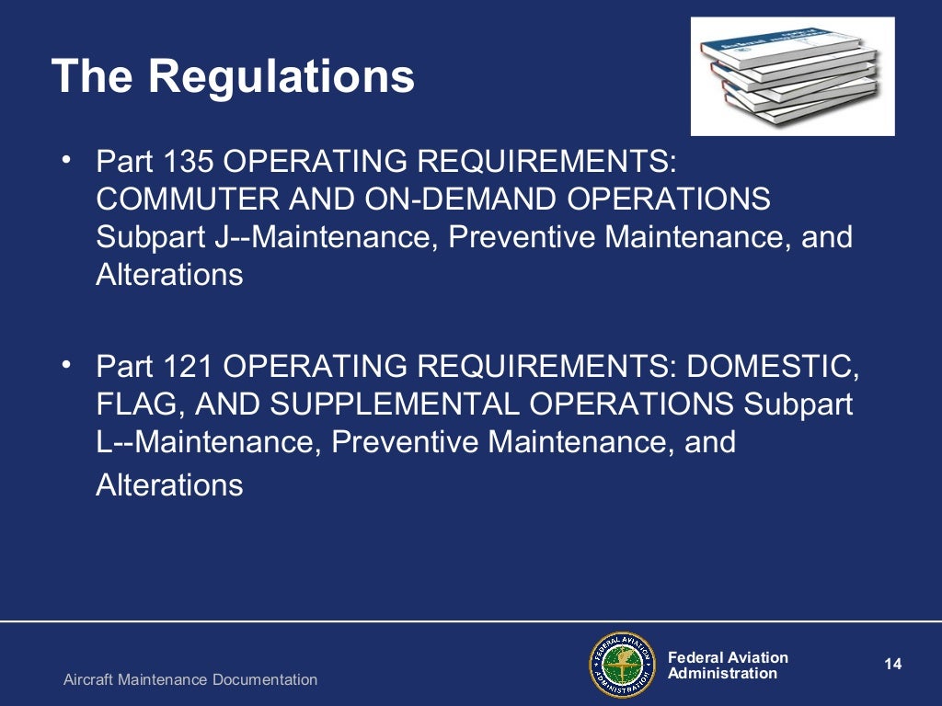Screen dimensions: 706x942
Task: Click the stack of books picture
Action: coord(792,76)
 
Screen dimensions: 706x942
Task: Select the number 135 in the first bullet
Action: coord(190,162)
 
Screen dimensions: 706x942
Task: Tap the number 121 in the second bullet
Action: coord(190,367)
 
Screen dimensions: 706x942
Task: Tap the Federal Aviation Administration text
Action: coord(728,666)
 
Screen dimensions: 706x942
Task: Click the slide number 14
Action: coord(892,664)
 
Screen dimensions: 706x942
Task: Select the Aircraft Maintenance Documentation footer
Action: coord(190,680)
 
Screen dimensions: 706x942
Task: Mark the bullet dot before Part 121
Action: coord(66,366)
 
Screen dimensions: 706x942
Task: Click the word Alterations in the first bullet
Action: coord(169,275)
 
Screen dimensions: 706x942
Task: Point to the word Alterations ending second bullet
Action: coord(169,484)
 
